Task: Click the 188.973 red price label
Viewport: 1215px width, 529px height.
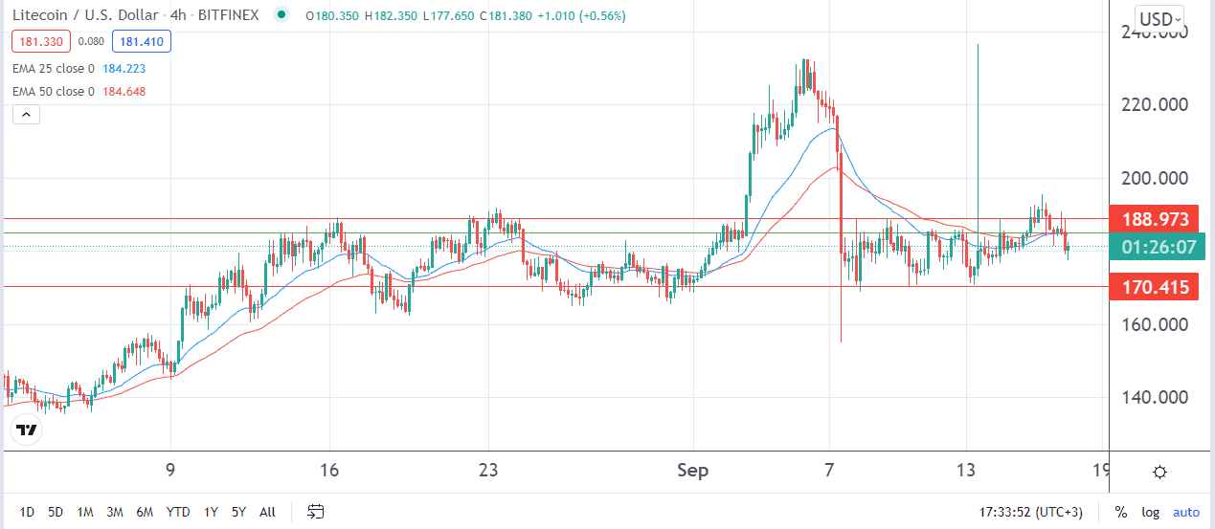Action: coord(1153,219)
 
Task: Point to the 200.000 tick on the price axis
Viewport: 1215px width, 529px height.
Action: coord(1153,179)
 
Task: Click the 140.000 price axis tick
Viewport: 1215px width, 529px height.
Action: coord(1153,398)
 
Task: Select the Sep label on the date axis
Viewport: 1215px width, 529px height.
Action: coord(692,471)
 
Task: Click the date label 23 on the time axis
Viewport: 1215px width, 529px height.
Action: coord(488,471)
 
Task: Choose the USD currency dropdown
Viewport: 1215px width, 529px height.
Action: coord(1159,18)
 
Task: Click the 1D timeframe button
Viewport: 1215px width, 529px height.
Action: coord(27,512)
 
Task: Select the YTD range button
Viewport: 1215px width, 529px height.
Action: coord(177,512)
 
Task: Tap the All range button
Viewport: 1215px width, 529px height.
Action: coord(268,512)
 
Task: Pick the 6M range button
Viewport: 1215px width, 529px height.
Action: coord(144,512)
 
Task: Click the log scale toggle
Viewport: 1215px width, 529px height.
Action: coord(1150,512)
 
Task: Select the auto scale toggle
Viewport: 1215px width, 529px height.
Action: coord(1186,512)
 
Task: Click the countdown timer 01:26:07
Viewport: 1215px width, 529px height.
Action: coord(1153,247)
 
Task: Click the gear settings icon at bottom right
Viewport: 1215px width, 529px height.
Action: coord(1159,472)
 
